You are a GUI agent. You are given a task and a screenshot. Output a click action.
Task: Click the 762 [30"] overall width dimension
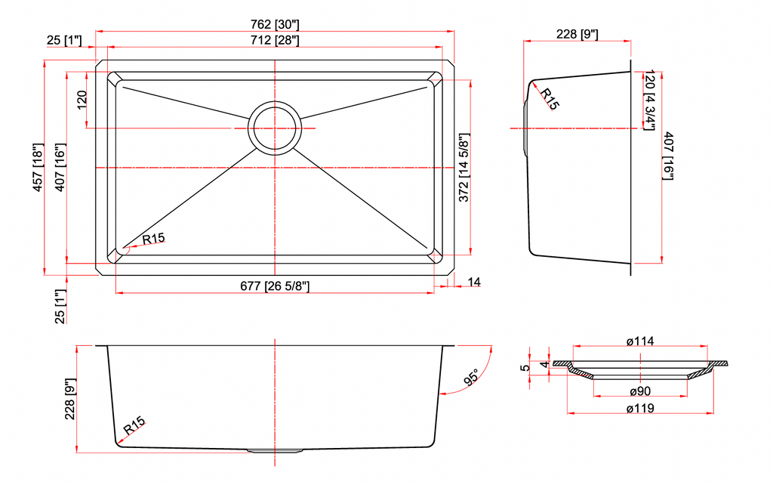coord(275,24)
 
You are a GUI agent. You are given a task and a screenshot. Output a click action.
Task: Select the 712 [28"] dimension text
coord(275,40)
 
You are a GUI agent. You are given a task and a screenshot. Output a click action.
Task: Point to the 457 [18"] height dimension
coord(38,168)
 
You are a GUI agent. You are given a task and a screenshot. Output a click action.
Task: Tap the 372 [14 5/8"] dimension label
coord(464,168)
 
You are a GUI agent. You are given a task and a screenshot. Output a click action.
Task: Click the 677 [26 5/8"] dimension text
coord(275,286)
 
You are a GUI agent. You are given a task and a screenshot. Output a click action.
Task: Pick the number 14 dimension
coord(474,282)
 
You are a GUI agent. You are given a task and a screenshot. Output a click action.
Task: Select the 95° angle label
coord(471,377)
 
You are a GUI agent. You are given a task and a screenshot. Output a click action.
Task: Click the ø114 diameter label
coord(640,341)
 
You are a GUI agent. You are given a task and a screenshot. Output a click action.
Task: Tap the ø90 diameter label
coord(640,391)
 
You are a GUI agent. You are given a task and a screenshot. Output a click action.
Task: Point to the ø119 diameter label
coord(640,409)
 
